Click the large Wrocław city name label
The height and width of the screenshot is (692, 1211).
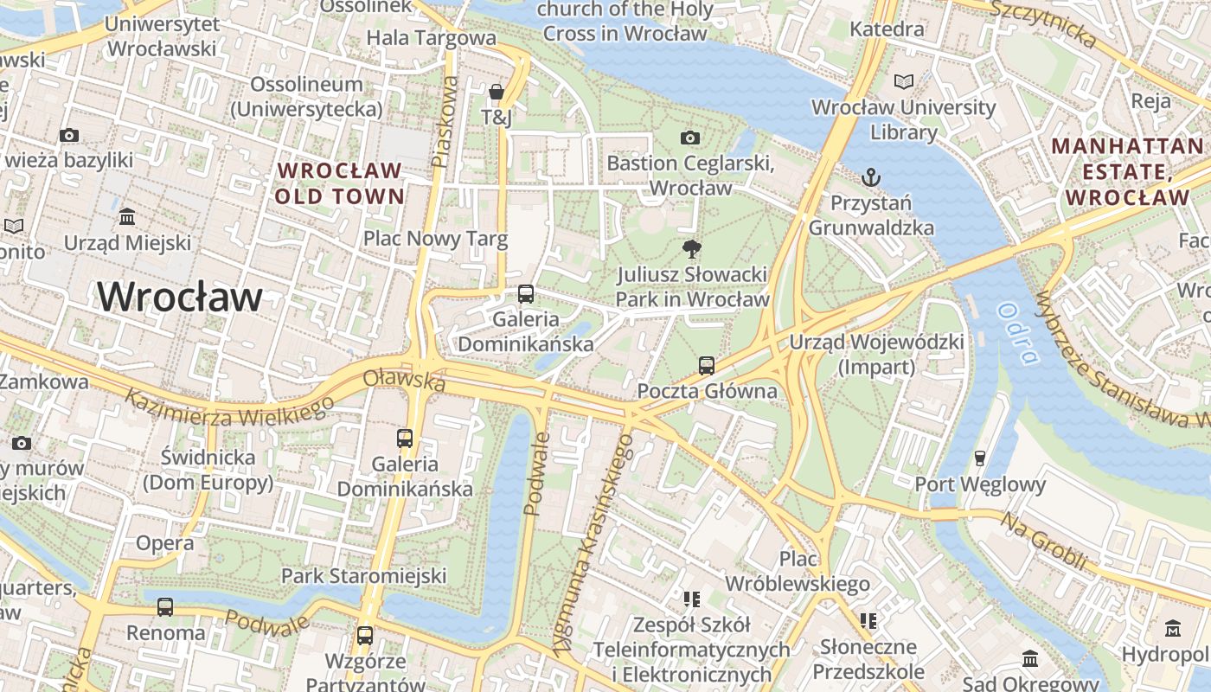180,298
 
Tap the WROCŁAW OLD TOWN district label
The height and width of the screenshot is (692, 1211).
339,183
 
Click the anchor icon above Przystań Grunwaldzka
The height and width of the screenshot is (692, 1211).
871,177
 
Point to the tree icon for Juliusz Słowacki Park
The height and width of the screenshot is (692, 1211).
691,249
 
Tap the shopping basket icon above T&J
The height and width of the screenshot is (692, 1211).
497,92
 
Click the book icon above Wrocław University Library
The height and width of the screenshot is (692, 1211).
903,81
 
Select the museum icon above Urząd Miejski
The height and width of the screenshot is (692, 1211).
127,216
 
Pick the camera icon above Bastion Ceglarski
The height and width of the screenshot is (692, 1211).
689,138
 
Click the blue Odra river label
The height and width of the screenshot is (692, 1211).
1016,333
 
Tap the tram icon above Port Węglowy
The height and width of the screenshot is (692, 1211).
980,458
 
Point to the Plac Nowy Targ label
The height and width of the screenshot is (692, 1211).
435,239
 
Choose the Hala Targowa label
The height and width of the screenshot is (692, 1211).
431,38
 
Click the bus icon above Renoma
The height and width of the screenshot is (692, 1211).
165,606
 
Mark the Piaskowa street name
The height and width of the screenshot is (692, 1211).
445,121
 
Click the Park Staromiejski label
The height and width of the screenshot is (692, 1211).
363,576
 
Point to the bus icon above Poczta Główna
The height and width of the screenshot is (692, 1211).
707,365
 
